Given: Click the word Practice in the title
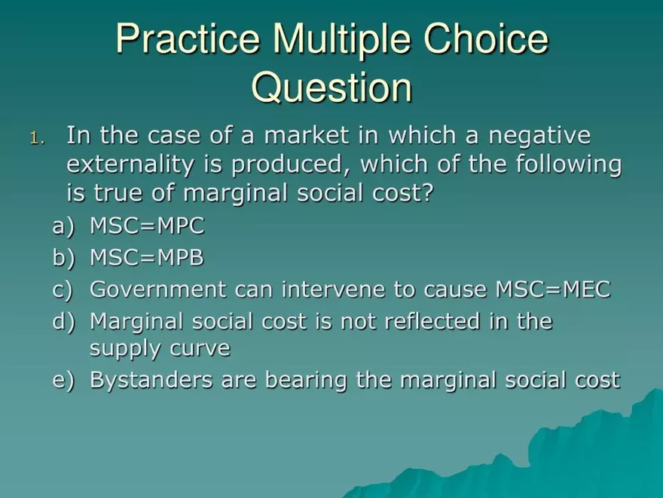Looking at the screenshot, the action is (188, 38).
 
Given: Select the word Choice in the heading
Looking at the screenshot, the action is (486, 38).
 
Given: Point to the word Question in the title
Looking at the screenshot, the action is (332, 88).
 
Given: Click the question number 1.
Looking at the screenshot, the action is (37, 138).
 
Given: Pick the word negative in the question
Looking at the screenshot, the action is (539, 136).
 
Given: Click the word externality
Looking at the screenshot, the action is (130, 164).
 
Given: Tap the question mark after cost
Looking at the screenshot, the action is (427, 192).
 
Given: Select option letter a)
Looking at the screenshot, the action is (63, 226).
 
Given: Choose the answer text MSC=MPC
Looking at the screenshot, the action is (147, 226).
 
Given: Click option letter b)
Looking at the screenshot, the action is (63, 257).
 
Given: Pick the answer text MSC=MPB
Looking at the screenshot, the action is (147, 257).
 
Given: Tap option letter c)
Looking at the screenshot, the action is (63, 290).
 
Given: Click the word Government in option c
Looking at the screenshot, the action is (158, 290).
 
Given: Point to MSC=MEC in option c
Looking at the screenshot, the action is (553, 290).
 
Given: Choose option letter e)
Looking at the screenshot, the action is (63, 380).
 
